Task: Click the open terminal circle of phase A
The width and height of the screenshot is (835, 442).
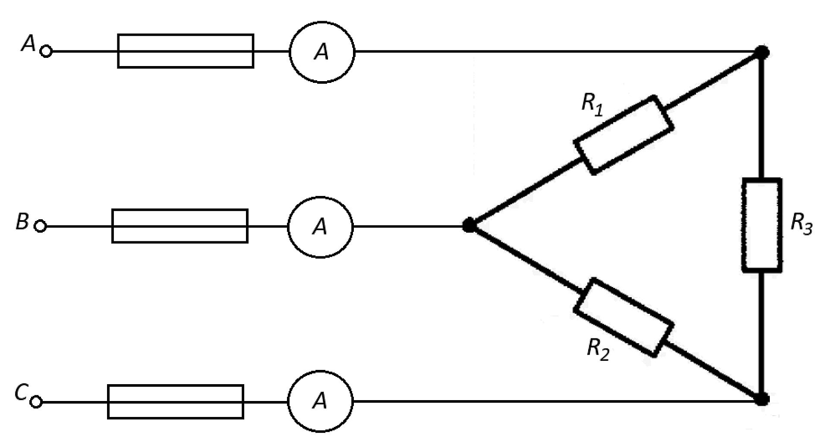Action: [46, 51]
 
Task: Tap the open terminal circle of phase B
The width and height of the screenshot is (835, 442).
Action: [40, 226]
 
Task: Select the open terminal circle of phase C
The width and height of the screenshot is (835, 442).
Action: [37, 402]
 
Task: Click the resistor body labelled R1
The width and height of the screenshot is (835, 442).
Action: [624, 135]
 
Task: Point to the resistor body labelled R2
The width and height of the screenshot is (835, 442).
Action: [624, 317]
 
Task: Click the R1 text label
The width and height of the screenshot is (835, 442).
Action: [592, 105]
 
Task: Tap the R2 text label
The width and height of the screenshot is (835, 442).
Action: [598, 349]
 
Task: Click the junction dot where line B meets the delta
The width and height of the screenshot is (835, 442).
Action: [469, 225]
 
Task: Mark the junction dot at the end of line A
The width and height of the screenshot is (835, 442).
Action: [763, 52]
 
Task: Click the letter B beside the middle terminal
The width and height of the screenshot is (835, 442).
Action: [22, 222]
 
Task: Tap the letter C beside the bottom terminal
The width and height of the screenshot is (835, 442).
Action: [21, 393]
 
